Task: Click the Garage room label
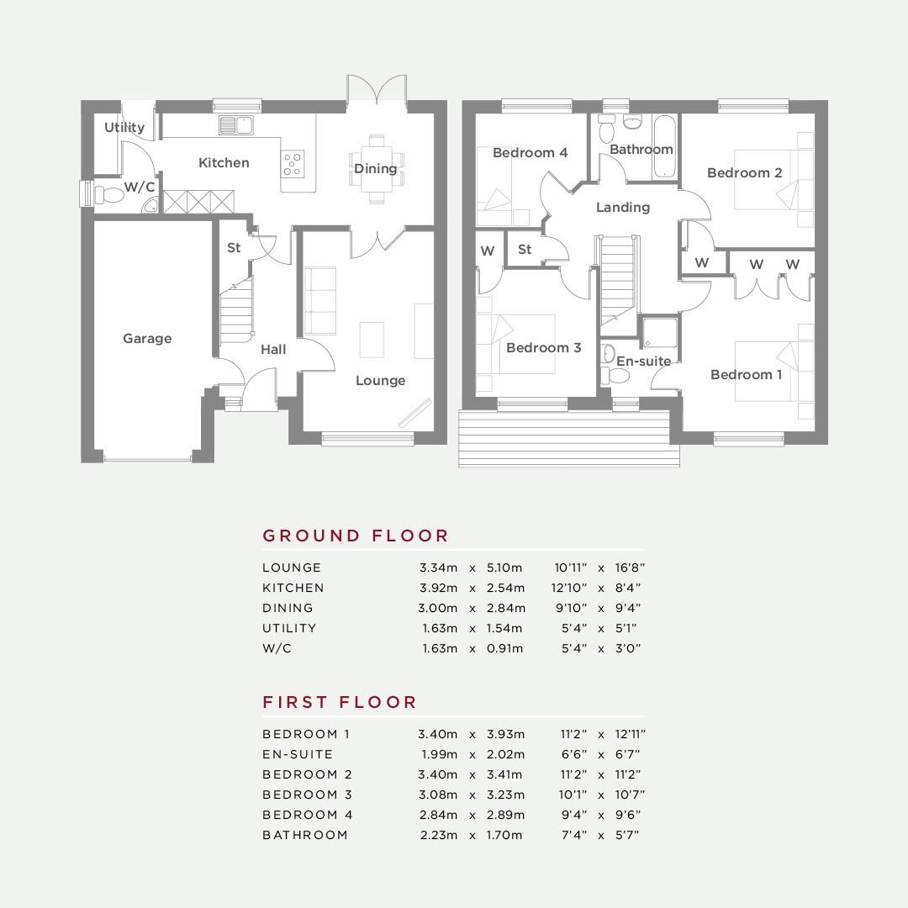click(147, 338)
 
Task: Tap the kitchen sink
click(236, 125)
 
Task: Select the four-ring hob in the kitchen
click(293, 163)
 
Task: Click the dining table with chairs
click(377, 168)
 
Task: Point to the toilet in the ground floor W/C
click(108, 194)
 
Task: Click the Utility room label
click(124, 127)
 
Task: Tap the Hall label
click(273, 349)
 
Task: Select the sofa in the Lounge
click(320, 300)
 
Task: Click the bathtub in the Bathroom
click(664, 146)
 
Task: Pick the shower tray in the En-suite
click(660, 333)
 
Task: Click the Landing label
click(623, 208)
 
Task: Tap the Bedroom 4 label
click(530, 153)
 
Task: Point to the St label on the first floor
click(525, 249)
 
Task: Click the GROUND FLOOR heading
click(356, 536)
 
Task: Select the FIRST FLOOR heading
click(340, 702)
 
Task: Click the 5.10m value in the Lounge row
click(504, 567)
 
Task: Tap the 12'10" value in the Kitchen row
click(569, 588)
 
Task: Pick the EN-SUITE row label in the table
click(298, 754)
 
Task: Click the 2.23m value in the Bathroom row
click(438, 835)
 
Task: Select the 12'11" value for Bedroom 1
click(630, 734)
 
